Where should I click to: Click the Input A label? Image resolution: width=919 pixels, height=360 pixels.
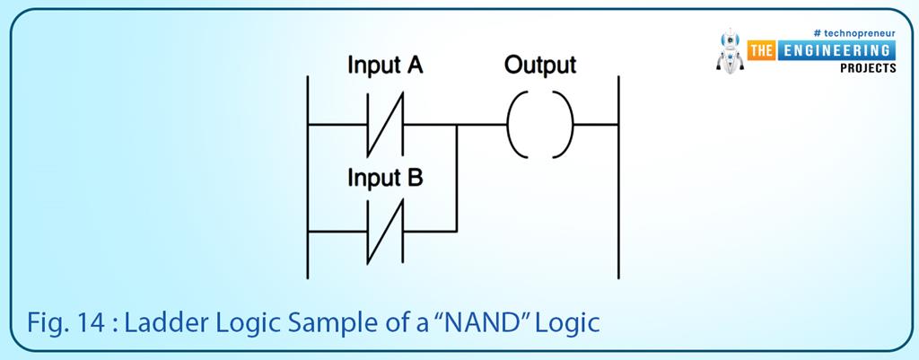(x=385, y=66)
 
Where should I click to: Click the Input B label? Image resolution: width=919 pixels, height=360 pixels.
(x=385, y=177)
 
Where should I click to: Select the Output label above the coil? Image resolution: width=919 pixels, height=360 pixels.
(x=539, y=66)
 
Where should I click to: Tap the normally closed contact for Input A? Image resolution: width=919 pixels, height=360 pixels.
(x=385, y=123)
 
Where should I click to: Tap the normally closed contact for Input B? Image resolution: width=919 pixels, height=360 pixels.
(x=385, y=232)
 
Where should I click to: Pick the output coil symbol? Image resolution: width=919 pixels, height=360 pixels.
(x=539, y=123)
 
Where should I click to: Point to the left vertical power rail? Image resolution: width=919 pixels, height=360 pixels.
(x=308, y=180)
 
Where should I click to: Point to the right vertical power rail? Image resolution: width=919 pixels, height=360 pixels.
(x=618, y=180)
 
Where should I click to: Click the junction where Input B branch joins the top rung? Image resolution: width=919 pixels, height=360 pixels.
(x=457, y=123)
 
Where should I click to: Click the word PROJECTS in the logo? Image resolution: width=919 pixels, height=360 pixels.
(x=868, y=68)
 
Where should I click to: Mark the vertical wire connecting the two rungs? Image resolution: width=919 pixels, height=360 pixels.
(x=457, y=180)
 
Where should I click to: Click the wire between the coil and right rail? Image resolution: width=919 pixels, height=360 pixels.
(x=595, y=123)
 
